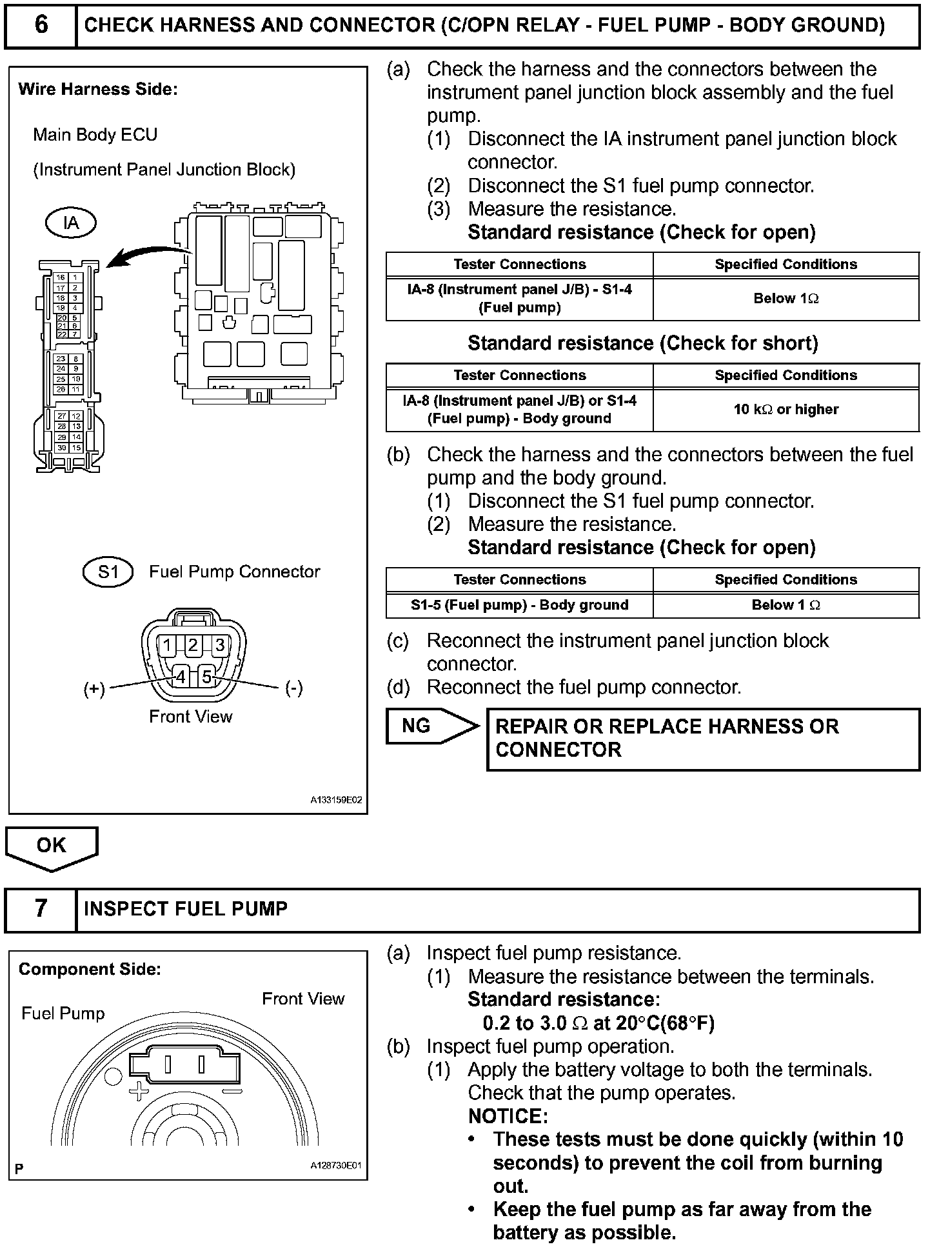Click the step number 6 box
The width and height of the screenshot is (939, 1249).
[41, 25]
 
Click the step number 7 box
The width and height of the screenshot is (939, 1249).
[41, 908]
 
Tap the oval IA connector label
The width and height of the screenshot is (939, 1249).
[71, 223]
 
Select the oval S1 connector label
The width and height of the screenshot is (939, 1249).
[108, 572]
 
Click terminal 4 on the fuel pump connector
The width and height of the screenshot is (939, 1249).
[181, 677]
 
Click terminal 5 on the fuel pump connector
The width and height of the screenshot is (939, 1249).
[206, 677]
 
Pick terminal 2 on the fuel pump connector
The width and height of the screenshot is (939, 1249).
[193, 645]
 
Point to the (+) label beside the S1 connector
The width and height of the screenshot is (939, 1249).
[94, 688]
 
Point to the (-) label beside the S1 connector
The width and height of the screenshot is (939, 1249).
[293, 688]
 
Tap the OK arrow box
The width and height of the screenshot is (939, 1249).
[52, 846]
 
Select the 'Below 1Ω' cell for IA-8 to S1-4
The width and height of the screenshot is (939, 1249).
[786, 299]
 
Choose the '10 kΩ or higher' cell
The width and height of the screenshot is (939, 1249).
[786, 410]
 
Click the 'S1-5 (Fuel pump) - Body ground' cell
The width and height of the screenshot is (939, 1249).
[519, 605]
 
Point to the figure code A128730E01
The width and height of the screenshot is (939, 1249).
[335, 1166]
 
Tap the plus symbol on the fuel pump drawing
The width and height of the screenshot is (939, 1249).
[139, 1092]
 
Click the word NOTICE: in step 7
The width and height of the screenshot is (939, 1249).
[508, 1116]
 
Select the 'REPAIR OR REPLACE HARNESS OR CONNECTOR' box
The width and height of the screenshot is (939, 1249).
[703, 739]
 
